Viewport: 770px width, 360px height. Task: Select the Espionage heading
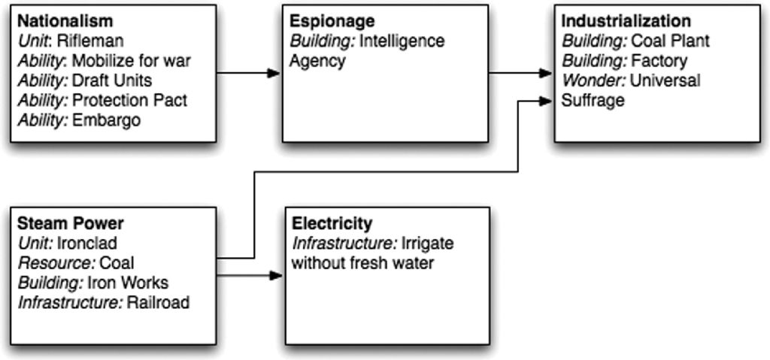click(x=324, y=21)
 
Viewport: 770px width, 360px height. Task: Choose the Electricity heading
click(x=332, y=223)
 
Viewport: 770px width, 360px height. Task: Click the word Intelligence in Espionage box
click(x=402, y=41)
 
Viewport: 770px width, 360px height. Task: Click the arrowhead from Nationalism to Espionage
click(x=273, y=73)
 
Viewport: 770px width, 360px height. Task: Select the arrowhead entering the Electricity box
click(x=274, y=276)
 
